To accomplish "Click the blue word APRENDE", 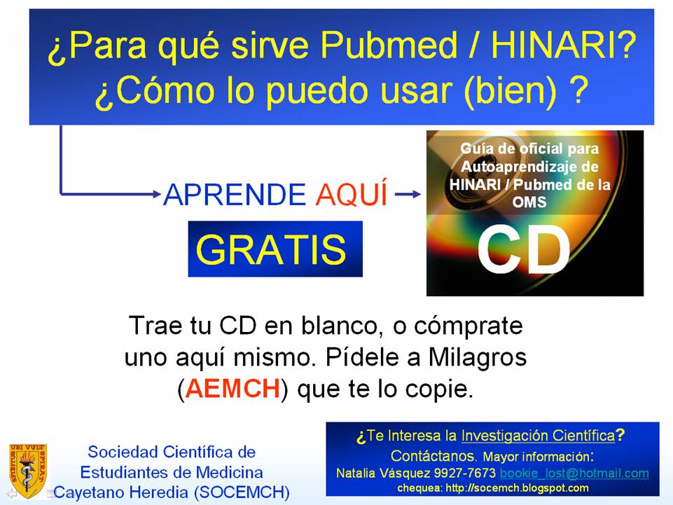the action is click(235, 195).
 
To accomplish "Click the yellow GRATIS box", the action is click(275, 249).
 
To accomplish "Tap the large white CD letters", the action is click(524, 249).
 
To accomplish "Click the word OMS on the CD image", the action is click(529, 202).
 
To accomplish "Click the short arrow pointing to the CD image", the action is click(408, 195).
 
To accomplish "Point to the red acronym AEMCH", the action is click(233, 389).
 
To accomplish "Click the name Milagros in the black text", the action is click(478, 357).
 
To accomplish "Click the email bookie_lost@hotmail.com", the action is click(574, 473).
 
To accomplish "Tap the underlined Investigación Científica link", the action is click(539, 436).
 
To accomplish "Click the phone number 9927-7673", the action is click(464, 473).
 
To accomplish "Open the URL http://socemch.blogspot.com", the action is click(517, 488).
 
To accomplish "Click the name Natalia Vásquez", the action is click(383, 473).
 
